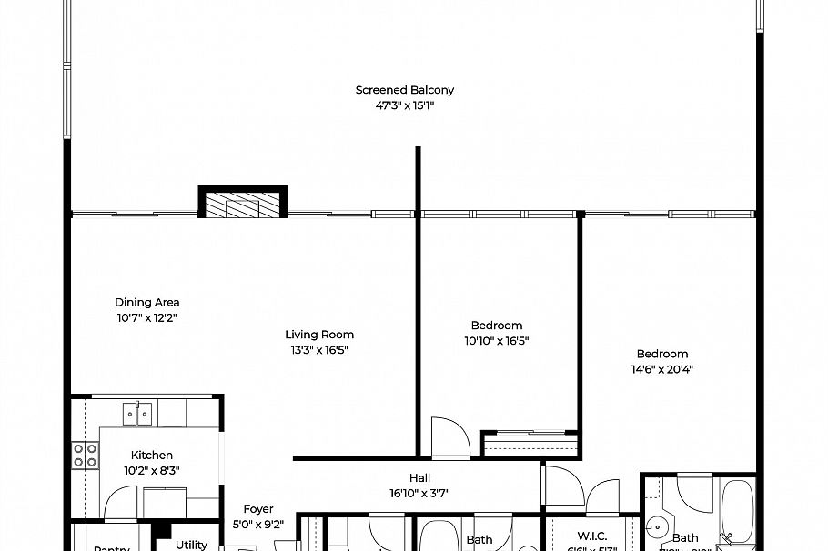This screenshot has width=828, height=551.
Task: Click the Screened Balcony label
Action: pyautogui.click(x=404, y=90)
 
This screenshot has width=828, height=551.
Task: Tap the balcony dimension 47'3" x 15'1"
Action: pyautogui.click(x=404, y=105)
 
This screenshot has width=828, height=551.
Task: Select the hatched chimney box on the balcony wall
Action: pyautogui.click(x=243, y=205)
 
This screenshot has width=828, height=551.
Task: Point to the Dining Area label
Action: pyautogui.click(x=146, y=303)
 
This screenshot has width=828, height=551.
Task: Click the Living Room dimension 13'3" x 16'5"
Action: pyautogui.click(x=318, y=349)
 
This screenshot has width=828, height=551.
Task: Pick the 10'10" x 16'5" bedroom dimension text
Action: pyautogui.click(x=496, y=341)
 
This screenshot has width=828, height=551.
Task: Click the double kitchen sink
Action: pyautogui.click(x=138, y=415)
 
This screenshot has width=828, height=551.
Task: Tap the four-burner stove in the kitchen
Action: pyautogui.click(x=86, y=455)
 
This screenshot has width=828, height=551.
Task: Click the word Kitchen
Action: pyautogui.click(x=151, y=456)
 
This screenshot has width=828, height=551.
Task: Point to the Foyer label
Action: pyautogui.click(x=257, y=509)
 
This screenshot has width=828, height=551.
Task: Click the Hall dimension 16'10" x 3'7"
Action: pyautogui.click(x=419, y=494)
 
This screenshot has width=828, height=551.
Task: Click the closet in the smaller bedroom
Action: pyautogui.click(x=530, y=444)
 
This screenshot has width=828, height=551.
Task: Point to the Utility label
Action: pyautogui.click(x=191, y=545)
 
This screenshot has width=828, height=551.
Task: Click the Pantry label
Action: pyautogui.click(x=111, y=547)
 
